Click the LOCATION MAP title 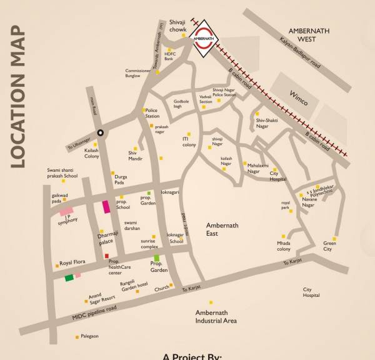[x=17, y=97]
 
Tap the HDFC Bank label [x=171, y=57]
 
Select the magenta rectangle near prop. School [x=106, y=206]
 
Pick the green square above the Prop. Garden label [x=157, y=258]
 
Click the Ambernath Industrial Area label [x=216, y=317]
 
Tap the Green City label [x=331, y=246]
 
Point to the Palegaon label [x=89, y=336]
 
